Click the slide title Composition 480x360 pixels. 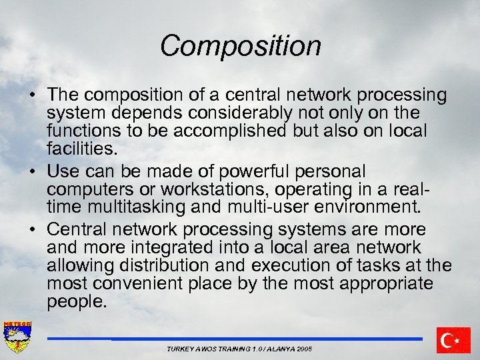[240, 46]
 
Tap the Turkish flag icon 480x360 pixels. [454, 340]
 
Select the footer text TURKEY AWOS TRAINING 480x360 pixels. [239, 349]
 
